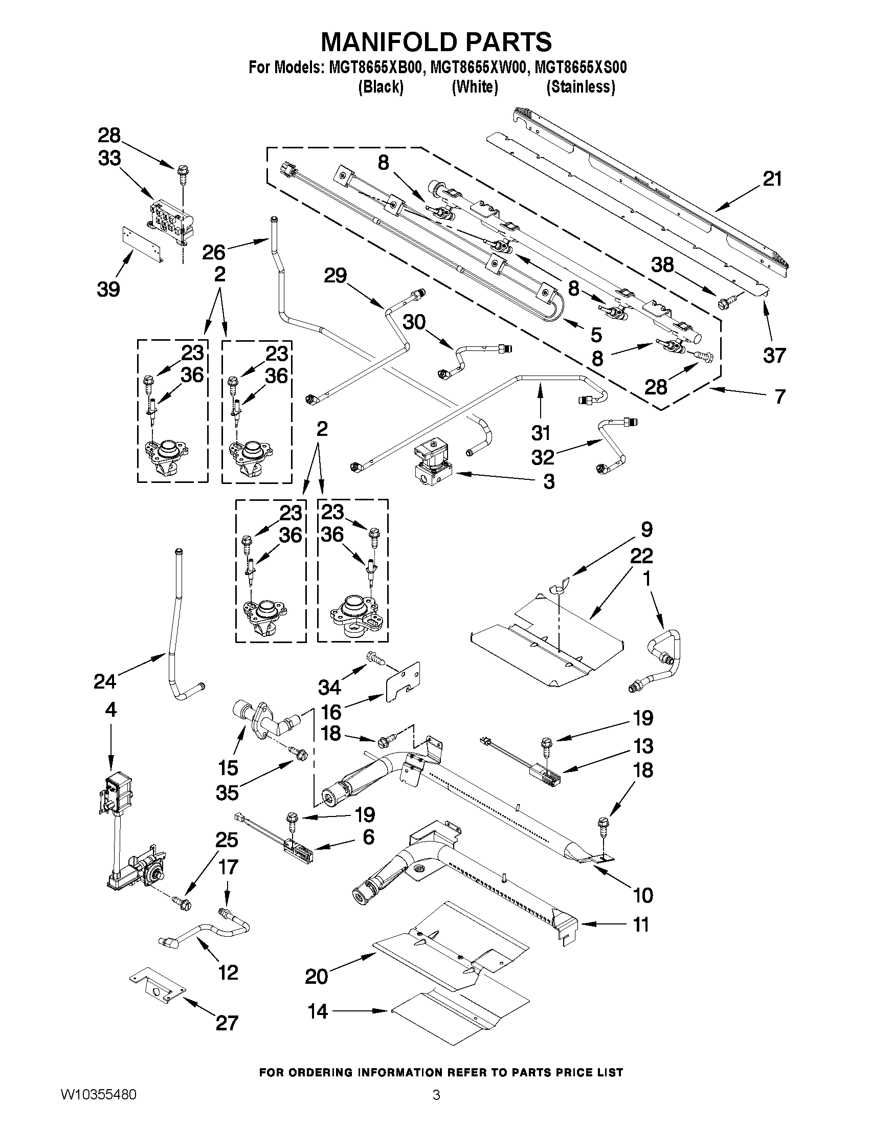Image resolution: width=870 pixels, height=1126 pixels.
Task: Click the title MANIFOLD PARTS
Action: [436, 42]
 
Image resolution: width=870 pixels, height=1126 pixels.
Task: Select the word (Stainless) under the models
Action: [581, 87]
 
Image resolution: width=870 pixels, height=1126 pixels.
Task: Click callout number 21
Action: [772, 179]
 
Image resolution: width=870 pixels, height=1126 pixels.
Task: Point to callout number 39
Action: [108, 289]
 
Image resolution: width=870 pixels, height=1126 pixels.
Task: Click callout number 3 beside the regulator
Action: [549, 481]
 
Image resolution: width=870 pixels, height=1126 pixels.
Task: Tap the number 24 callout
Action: [105, 681]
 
